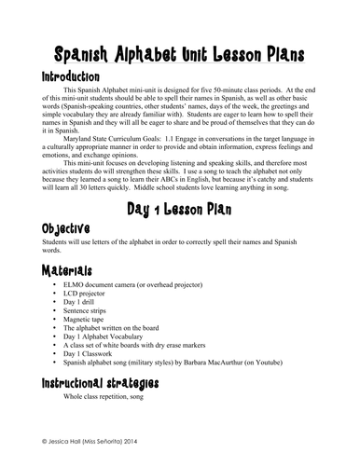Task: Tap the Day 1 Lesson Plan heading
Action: click(x=180, y=212)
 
